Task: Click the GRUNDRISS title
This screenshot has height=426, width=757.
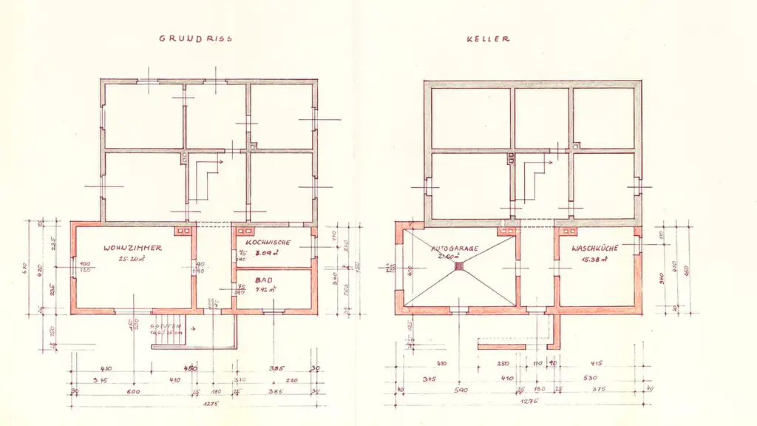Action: (x=195, y=38)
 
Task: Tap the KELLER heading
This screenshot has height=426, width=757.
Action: (x=488, y=38)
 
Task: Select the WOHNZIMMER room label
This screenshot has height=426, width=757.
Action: (x=133, y=248)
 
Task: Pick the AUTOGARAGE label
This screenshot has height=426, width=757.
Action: (x=456, y=248)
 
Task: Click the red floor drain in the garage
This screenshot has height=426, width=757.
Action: (x=458, y=266)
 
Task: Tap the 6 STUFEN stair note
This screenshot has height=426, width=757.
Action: (x=166, y=327)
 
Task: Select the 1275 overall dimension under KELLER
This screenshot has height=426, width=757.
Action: (x=528, y=402)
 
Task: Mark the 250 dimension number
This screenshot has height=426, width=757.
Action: (x=503, y=364)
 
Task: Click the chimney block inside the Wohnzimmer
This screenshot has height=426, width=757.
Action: (x=184, y=231)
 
